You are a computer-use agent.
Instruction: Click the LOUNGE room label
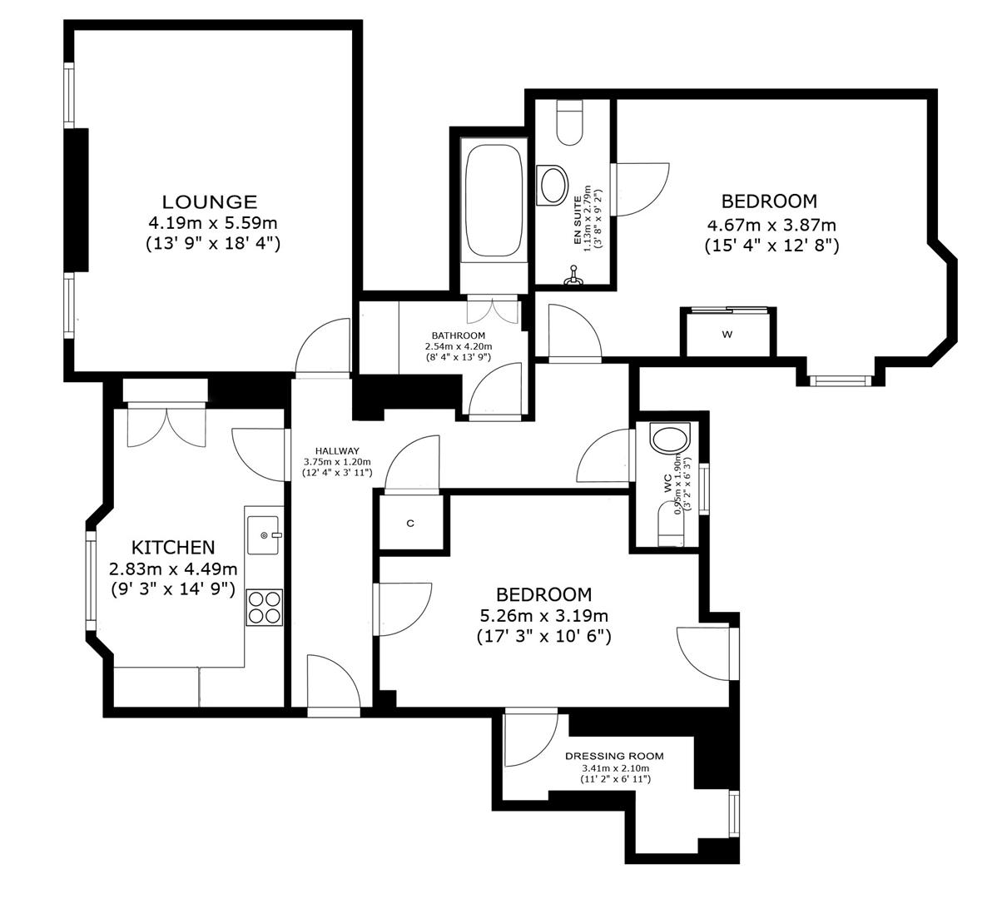pyautogui.click(x=209, y=201)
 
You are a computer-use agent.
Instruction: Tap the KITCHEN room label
pyautogui.click(x=173, y=547)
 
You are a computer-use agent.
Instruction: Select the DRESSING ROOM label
pyautogui.click(x=614, y=756)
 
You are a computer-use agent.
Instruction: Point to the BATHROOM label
pyautogui.click(x=458, y=335)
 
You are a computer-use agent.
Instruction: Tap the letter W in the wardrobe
pyautogui.click(x=727, y=335)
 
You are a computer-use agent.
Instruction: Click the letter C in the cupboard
pyautogui.click(x=410, y=524)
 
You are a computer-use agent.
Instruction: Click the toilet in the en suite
pyautogui.click(x=571, y=122)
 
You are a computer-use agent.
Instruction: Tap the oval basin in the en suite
pyautogui.click(x=553, y=185)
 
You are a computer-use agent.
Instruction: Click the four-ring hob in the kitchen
pyautogui.click(x=265, y=607)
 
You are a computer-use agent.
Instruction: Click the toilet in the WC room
pyautogui.click(x=670, y=439)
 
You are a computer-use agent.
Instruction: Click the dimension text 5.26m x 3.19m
pyautogui.click(x=543, y=616)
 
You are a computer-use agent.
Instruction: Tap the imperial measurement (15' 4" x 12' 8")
pyautogui.click(x=771, y=246)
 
